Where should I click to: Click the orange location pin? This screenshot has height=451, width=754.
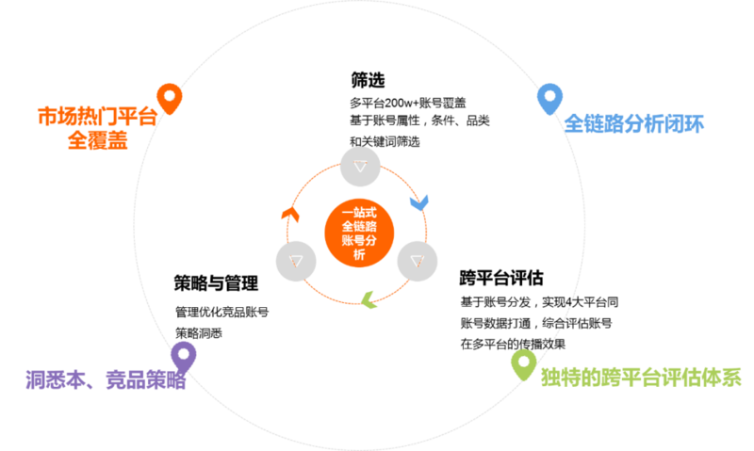pos(170,99)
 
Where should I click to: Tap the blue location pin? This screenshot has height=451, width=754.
pos(549,99)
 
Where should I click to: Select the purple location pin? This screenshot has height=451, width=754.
pos(184,357)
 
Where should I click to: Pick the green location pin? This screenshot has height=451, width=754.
pos(524,364)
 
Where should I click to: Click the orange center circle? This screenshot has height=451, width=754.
pos(359,233)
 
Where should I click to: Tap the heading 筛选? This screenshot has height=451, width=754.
pos(368,80)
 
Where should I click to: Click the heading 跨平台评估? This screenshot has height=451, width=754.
pos(501,278)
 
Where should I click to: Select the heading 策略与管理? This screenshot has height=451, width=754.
pos(216,282)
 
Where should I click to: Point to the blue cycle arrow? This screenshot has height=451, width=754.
pos(418,202)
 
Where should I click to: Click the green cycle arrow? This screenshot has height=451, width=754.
pos(369,299)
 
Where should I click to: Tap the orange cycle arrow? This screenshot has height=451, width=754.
pos(291,215)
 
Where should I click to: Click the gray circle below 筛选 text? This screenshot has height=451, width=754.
pos(360,167)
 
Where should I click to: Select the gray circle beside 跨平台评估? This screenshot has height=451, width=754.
pos(418,261)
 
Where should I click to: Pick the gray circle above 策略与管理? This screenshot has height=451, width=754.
pos(296,261)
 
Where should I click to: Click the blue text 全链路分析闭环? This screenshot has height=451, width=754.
pos(633,123)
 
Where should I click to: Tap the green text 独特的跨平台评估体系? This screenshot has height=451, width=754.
pos(641,377)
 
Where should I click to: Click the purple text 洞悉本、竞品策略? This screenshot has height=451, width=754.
pos(106,379)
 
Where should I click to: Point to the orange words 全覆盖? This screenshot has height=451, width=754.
pos(98,140)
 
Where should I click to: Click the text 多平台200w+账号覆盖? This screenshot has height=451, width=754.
pos(408,103)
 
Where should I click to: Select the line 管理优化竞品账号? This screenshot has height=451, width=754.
pos(221,312)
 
